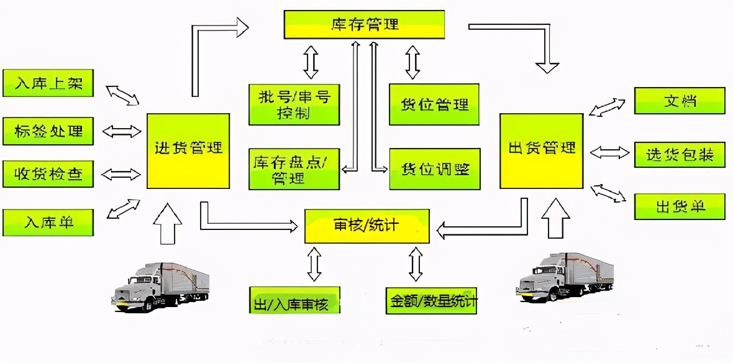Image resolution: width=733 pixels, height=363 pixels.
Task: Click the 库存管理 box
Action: click(365, 24)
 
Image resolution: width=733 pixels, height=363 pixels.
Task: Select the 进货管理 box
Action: click(188, 150)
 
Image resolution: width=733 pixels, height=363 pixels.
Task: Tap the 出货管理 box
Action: click(542, 150)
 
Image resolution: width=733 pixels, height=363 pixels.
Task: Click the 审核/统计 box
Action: click(366, 226)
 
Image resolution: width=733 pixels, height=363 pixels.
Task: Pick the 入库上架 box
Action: click(48, 83)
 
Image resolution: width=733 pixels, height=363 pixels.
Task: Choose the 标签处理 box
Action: click(48, 131)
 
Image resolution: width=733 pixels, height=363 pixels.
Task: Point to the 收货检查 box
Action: click(48, 174)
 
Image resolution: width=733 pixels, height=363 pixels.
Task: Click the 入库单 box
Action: click(48, 222)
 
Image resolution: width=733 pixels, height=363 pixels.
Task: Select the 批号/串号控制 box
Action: click(294, 104)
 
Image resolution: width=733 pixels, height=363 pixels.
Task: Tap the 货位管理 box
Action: click(434, 104)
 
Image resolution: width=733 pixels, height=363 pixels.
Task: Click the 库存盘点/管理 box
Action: click(294, 168)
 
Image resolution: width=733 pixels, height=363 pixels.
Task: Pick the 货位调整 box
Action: click(434, 168)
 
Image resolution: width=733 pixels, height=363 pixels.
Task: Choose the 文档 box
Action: click(679, 101)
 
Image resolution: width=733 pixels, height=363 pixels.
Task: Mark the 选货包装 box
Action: click(679, 154)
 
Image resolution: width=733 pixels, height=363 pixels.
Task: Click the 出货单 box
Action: click(679, 206)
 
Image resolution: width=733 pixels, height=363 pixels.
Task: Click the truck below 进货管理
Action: click(161, 283)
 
